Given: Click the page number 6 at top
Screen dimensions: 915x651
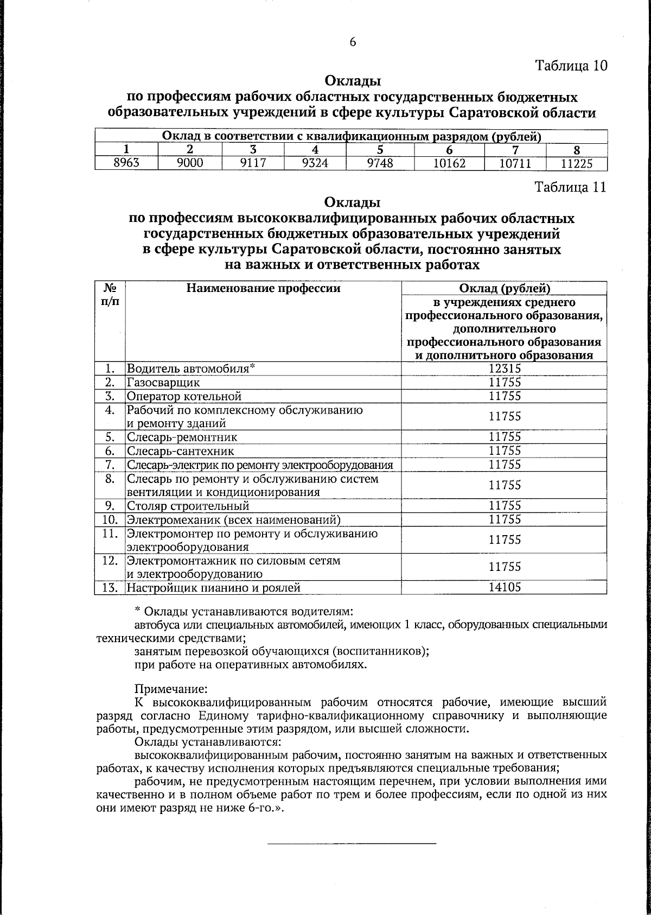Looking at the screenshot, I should [x=352, y=42].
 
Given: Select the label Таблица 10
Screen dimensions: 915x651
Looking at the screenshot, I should [x=571, y=66].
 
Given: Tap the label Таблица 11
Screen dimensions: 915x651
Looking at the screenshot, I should [x=570, y=187].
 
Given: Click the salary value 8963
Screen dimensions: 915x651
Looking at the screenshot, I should [x=126, y=163].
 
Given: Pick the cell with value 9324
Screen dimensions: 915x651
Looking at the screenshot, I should [x=318, y=163].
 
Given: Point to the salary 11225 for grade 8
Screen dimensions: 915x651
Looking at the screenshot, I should [x=576, y=163].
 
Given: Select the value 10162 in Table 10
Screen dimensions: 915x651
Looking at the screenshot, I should [x=447, y=163].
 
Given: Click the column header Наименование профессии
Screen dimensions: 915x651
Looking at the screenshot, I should [x=263, y=288].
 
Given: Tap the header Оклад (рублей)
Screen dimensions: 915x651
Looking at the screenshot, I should [x=504, y=288].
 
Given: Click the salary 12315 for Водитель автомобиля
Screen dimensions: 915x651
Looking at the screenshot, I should [x=504, y=369].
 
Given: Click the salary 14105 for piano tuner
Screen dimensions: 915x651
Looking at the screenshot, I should [x=504, y=587].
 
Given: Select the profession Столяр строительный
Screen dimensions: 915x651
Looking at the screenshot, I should [x=188, y=506].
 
